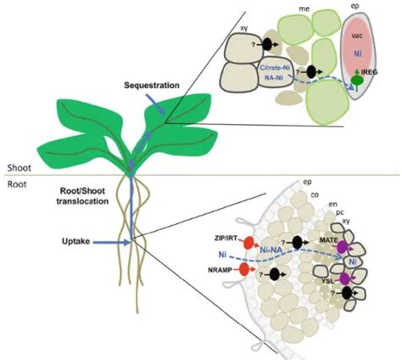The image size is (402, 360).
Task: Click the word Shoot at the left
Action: coord(18,167)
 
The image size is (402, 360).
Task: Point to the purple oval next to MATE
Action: coord(343,248)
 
